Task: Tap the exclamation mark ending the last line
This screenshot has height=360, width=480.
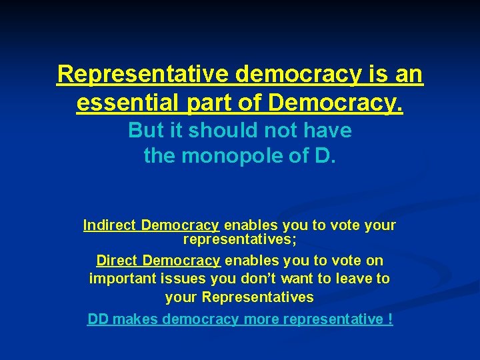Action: tap(389, 319)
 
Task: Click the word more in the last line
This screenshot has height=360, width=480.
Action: tap(261, 319)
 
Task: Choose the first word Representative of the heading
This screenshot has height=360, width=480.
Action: tap(143, 74)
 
